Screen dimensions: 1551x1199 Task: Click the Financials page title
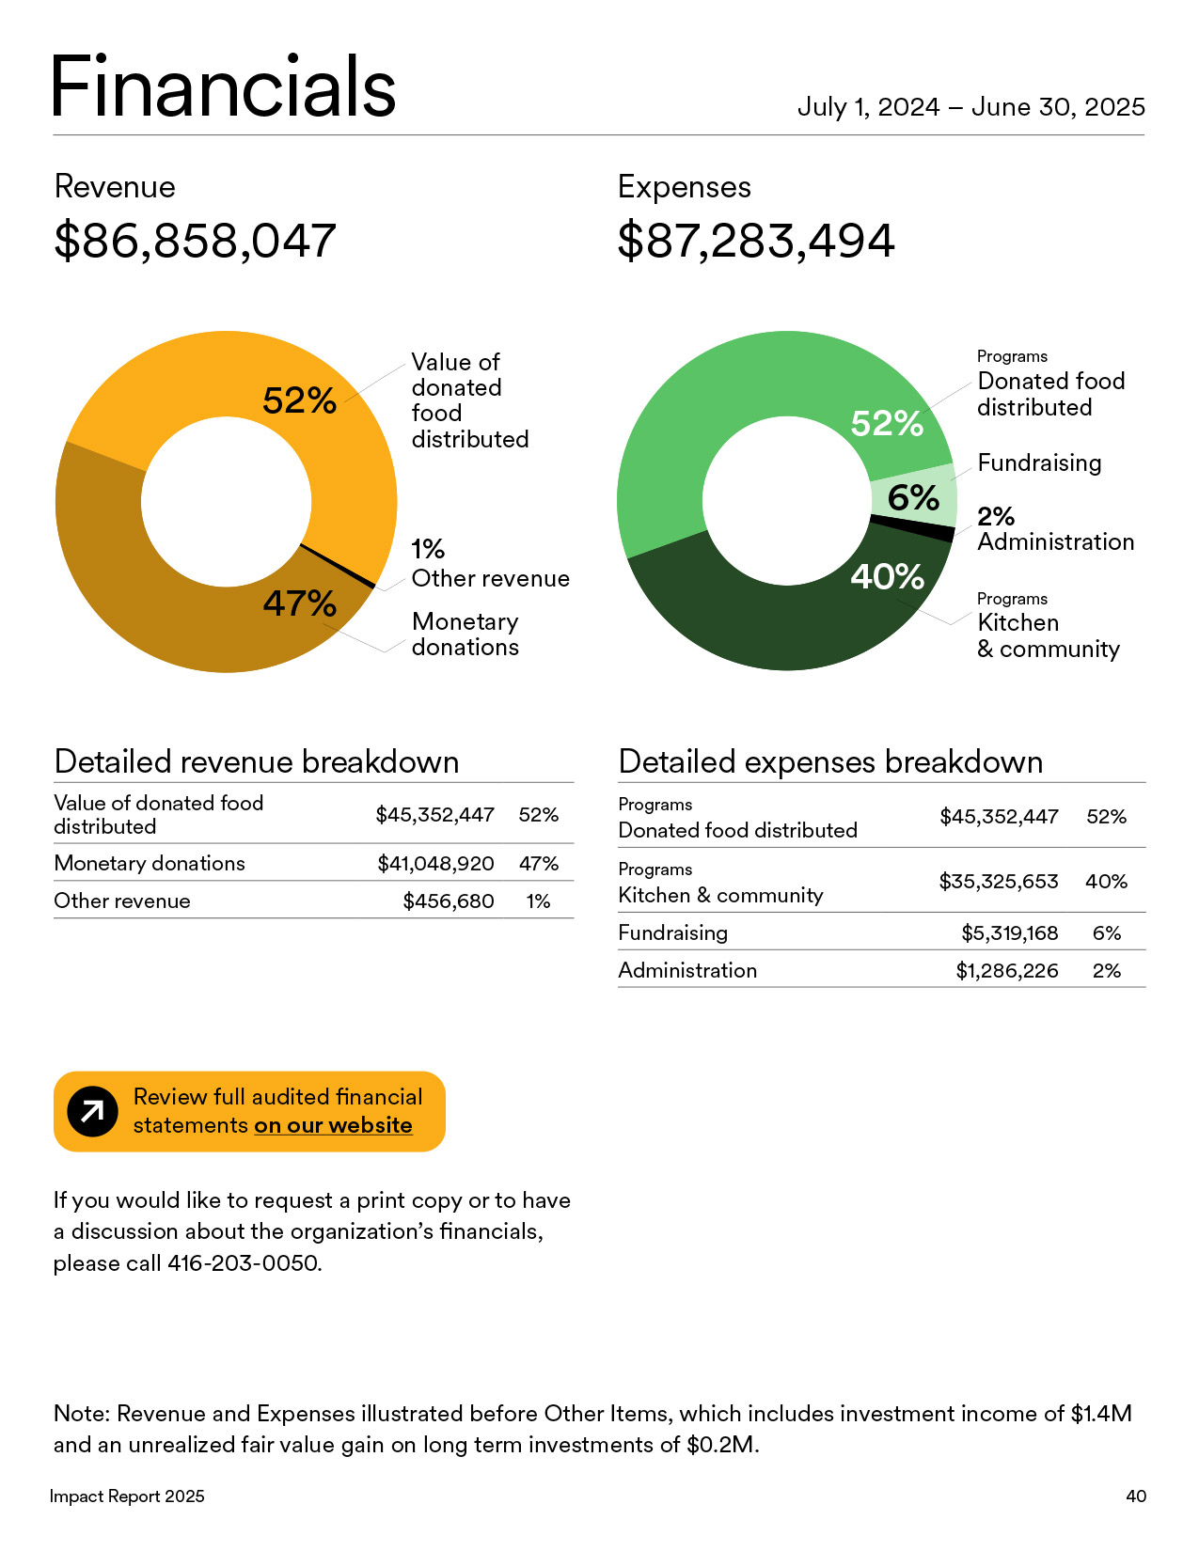pyautogui.click(x=223, y=87)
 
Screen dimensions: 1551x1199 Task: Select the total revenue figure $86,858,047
pyautogui.click(x=195, y=241)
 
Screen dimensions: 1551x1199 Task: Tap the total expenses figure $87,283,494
pyautogui.click(x=756, y=241)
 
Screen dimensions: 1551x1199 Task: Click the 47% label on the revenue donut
pyautogui.click(x=299, y=603)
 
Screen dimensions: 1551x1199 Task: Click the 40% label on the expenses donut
pyautogui.click(x=887, y=576)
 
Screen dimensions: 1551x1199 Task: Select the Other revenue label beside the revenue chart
pyautogui.click(x=490, y=578)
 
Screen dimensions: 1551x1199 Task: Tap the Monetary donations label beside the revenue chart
pyautogui.click(x=465, y=634)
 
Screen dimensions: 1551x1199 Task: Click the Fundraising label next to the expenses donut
pyautogui.click(x=1039, y=462)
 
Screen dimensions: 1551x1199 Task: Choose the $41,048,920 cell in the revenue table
pyautogui.click(x=435, y=863)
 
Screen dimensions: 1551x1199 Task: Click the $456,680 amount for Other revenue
pyautogui.click(x=448, y=901)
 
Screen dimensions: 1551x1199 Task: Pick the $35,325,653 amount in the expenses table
pyautogui.click(x=998, y=881)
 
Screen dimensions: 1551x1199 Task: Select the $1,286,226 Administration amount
pyautogui.click(x=1006, y=970)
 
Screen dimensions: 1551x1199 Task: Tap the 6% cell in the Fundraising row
pyautogui.click(x=1106, y=932)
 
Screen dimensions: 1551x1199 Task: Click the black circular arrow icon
pyautogui.click(x=92, y=1112)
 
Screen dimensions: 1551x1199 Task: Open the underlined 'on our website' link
pyautogui.click(x=333, y=1125)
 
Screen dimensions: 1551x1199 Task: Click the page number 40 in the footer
pyautogui.click(x=1135, y=1496)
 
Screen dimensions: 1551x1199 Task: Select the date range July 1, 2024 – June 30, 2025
pyautogui.click(x=970, y=107)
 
